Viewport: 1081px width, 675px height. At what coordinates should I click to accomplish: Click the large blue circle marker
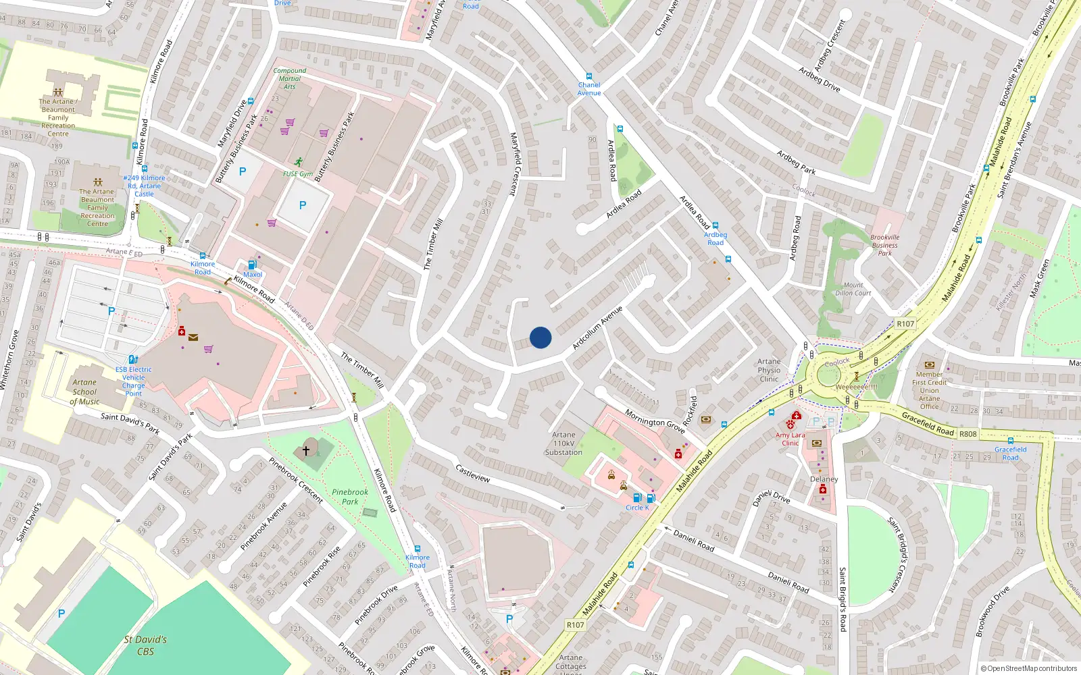coord(540,337)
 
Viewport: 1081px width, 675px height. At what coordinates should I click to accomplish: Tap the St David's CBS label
coord(145,645)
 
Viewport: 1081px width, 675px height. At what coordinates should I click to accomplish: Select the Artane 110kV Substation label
coord(563,443)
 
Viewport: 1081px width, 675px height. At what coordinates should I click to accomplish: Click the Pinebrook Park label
coord(350,497)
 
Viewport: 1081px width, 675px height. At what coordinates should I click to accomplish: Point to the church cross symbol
coord(306,449)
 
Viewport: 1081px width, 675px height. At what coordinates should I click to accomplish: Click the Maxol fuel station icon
coord(252,265)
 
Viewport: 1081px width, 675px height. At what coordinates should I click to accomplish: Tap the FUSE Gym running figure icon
coord(299,162)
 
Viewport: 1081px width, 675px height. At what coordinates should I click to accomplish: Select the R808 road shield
coord(968,434)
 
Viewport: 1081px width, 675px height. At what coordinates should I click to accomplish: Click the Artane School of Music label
coord(84,391)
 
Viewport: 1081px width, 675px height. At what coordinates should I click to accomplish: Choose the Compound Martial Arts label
coord(290,78)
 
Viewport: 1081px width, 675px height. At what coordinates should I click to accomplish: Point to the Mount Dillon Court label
coord(853,289)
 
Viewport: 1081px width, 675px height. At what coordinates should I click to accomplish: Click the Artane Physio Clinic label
coord(769,370)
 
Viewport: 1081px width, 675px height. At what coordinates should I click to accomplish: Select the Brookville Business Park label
coord(885,245)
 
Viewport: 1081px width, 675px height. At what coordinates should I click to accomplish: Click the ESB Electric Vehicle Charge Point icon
coord(133,360)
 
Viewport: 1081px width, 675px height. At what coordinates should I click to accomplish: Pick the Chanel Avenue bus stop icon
coord(589,76)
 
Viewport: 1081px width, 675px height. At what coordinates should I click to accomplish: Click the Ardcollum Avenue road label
coord(597,328)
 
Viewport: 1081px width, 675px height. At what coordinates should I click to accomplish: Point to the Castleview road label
coord(472,473)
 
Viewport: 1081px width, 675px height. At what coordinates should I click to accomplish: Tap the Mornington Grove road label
coord(655,421)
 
